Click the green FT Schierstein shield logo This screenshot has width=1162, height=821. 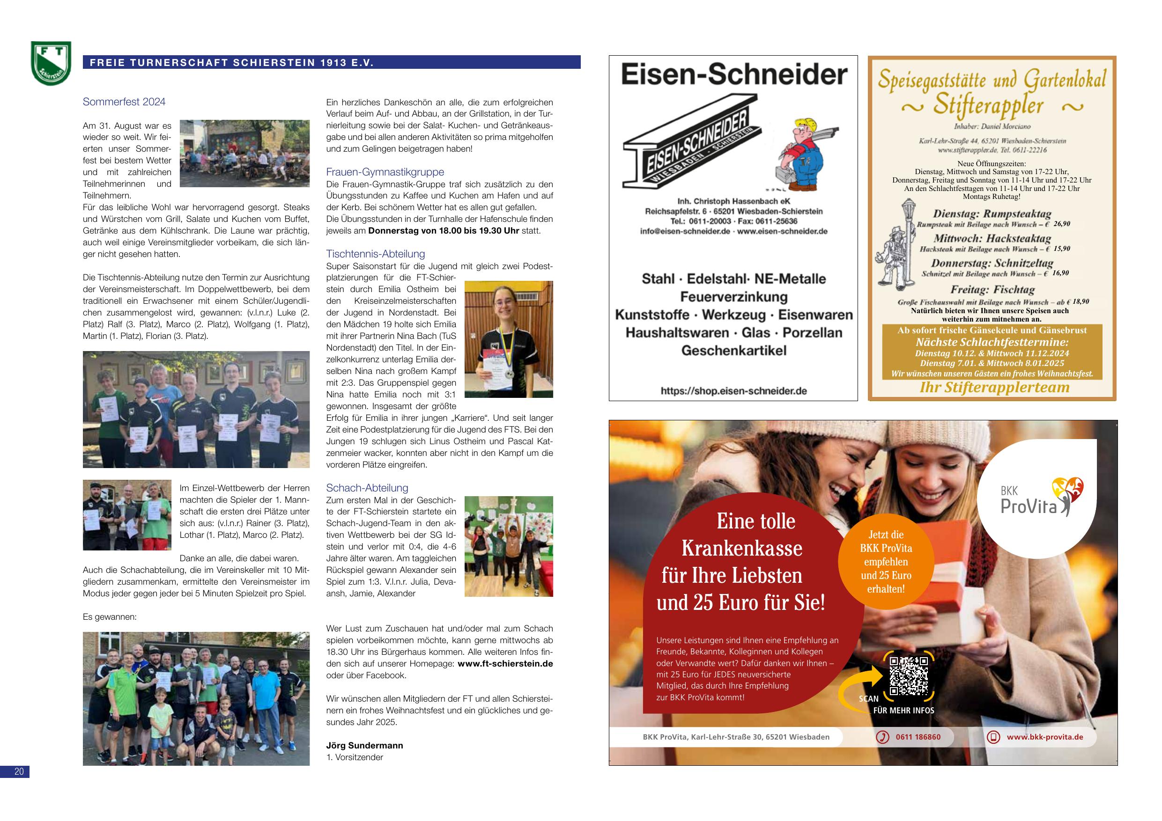click(x=51, y=63)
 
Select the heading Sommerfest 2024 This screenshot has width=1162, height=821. click(x=124, y=102)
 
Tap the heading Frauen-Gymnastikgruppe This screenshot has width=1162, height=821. click(x=385, y=172)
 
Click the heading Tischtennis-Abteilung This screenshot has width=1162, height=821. click(x=375, y=254)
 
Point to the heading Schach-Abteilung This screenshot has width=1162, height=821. click(x=367, y=488)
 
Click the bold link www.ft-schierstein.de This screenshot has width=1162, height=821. click(x=504, y=664)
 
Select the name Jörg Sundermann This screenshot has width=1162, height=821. click(x=364, y=745)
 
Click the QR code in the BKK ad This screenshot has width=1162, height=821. click(x=909, y=675)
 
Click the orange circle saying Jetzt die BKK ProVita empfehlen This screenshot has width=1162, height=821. click(x=886, y=562)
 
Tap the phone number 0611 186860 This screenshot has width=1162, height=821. click(x=918, y=737)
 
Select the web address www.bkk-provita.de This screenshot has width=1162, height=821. click(x=1044, y=737)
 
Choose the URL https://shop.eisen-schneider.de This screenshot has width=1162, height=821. click(x=733, y=391)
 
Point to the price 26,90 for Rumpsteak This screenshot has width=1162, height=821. click(x=1061, y=224)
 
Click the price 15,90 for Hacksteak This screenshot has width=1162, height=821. click(x=1061, y=249)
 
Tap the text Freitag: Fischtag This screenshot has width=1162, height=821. click(x=992, y=290)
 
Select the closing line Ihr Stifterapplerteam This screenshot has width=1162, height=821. click(x=994, y=388)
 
